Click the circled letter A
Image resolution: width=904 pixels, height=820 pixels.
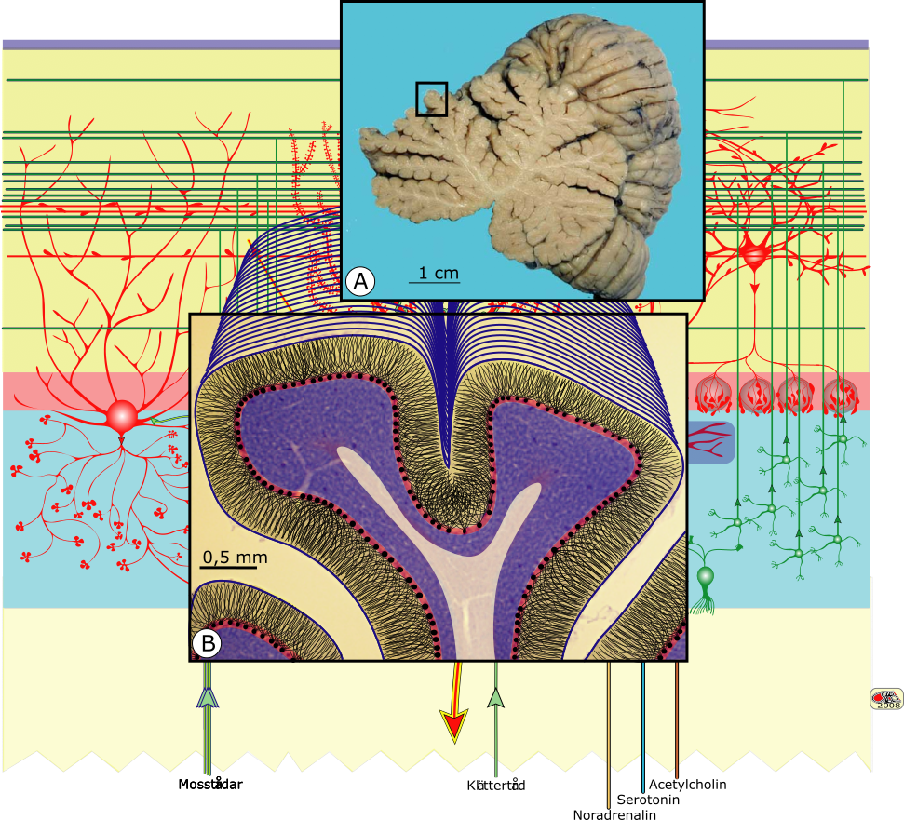coord(360,280)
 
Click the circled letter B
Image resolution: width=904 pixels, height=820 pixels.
coord(207,643)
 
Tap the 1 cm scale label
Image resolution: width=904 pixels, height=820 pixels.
coord(433,273)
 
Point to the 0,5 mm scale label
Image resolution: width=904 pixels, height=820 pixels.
coord(235,558)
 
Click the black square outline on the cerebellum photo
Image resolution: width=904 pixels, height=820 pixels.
coord(431,99)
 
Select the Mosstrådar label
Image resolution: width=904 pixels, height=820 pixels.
coord(209,785)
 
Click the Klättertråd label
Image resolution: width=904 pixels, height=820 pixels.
coord(496,786)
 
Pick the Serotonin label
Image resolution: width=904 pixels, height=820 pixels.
coord(648,800)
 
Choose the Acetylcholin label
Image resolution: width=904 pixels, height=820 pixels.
coord(687,785)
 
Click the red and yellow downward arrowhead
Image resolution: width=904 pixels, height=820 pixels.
coord(454,724)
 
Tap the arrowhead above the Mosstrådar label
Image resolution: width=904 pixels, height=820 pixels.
coord(208,696)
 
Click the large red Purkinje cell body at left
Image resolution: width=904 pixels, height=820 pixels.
coord(122,416)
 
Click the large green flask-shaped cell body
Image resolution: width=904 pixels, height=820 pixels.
coord(706,580)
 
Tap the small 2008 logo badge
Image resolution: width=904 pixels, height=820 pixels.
coord(886,699)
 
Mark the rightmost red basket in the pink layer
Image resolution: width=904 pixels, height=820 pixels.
coord(841,396)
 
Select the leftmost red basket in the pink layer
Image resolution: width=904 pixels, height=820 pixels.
coord(716,396)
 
